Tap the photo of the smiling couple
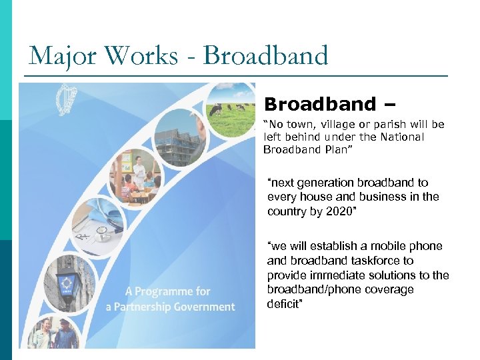click(x=51, y=333)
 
